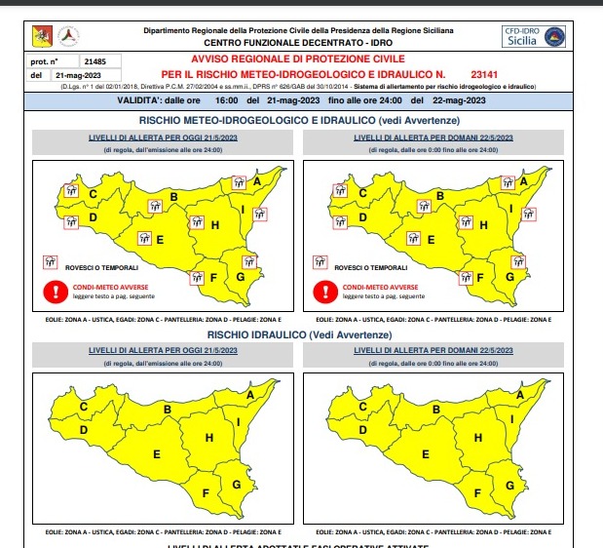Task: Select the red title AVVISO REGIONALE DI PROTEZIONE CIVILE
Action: click(x=303, y=60)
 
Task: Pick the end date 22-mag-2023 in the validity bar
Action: click(x=459, y=100)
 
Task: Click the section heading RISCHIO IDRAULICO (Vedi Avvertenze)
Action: click(x=302, y=334)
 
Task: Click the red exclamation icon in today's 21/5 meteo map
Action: click(x=51, y=291)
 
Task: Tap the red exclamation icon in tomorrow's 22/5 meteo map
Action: click(x=322, y=291)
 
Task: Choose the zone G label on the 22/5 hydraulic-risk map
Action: click(x=508, y=484)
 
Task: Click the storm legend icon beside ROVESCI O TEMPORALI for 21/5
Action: click(x=49, y=261)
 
